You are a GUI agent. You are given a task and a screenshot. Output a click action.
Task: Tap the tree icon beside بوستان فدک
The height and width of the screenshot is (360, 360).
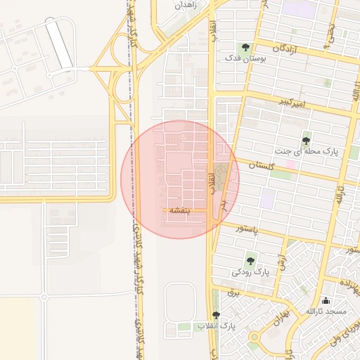[244, 48]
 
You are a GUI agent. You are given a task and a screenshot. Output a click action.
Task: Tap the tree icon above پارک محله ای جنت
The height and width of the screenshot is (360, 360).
[306, 141]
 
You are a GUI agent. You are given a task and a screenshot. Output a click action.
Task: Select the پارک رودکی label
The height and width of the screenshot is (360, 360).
[251, 271]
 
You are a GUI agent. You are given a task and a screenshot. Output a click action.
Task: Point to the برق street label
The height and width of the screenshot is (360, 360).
[236, 290]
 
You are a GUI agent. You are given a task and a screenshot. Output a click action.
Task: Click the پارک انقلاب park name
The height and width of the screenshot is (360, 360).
[216, 326]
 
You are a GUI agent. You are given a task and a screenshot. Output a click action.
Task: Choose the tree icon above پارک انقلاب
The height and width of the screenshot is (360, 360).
[216, 315]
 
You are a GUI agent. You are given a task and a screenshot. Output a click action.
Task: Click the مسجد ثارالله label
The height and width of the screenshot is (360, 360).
[326, 311]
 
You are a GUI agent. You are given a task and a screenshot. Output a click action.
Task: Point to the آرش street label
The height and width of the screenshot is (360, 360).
[283, 263]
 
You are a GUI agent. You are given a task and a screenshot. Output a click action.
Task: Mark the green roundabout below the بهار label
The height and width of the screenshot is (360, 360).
[252, 346]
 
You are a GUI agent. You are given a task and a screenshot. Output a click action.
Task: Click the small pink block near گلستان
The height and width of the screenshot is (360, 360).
[290, 164]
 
